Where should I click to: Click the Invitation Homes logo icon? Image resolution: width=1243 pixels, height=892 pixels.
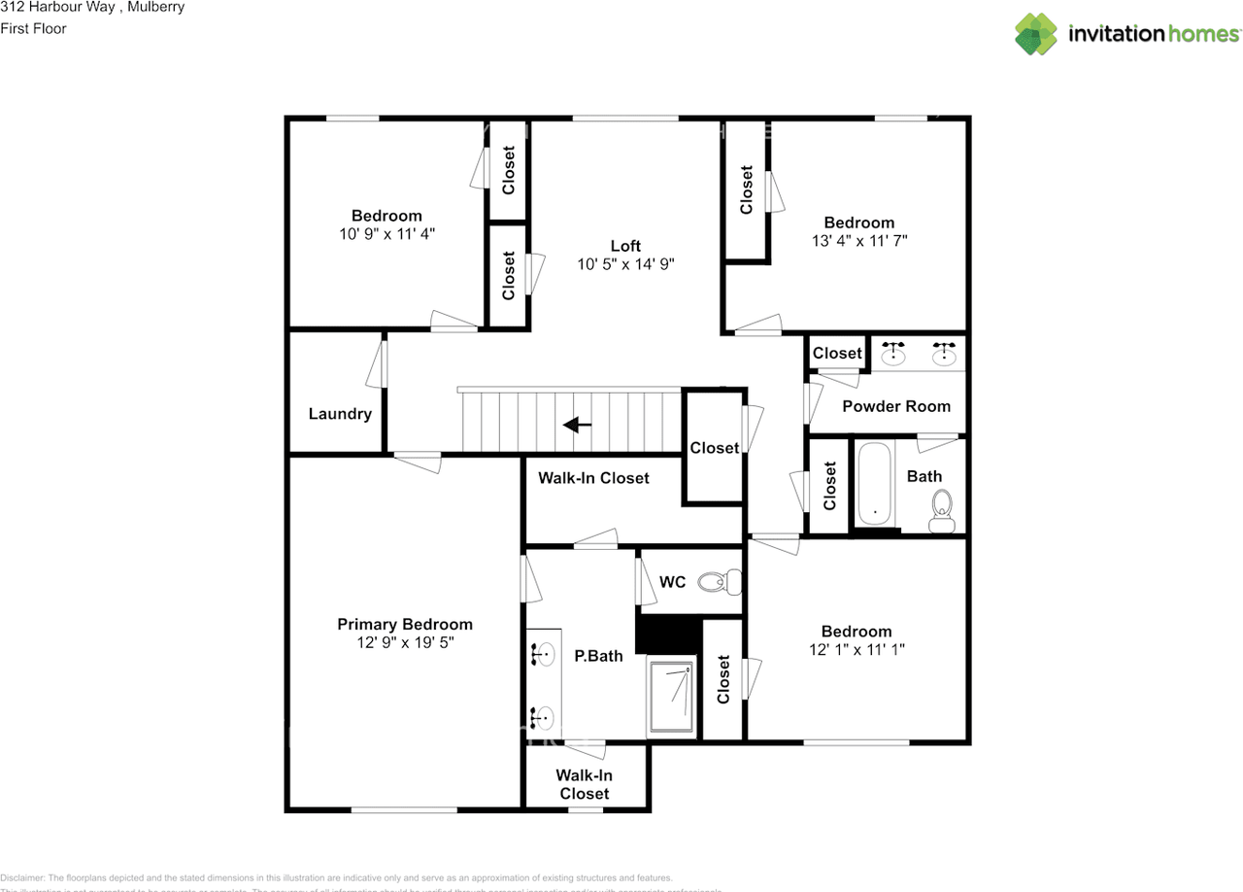[x=1036, y=34]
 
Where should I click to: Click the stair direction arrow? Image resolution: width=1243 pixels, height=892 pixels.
[x=578, y=425]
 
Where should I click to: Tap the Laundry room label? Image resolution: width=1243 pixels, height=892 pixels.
[x=340, y=414]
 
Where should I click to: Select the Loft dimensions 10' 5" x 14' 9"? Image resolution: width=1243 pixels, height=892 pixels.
[x=625, y=263]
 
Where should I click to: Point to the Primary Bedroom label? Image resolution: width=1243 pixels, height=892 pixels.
[x=405, y=624]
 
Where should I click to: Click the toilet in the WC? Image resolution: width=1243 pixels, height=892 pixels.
[x=720, y=582]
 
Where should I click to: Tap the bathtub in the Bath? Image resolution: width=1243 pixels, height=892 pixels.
[x=875, y=485]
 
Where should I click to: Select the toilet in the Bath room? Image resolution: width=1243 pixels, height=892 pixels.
[x=941, y=510]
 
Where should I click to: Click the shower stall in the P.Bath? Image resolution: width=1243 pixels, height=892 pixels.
[x=672, y=699]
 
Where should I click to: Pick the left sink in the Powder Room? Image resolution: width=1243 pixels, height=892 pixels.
[x=893, y=354]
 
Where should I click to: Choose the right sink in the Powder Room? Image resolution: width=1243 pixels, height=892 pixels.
[x=942, y=354]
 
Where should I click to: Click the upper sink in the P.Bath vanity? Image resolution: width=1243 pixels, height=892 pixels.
[x=544, y=655]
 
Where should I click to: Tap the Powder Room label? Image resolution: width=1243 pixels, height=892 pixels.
[x=895, y=406]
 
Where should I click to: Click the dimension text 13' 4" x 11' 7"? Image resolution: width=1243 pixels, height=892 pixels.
[x=859, y=240]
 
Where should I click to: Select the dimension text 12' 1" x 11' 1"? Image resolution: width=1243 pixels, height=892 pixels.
[x=857, y=649]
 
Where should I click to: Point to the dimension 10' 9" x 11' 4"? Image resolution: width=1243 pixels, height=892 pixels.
[x=386, y=233]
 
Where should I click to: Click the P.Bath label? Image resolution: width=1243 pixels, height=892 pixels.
[x=598, y=656]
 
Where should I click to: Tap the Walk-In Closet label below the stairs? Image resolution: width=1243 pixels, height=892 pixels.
[x=593, y=477]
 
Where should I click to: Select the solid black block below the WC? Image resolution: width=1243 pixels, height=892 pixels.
[x=668, y=635]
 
